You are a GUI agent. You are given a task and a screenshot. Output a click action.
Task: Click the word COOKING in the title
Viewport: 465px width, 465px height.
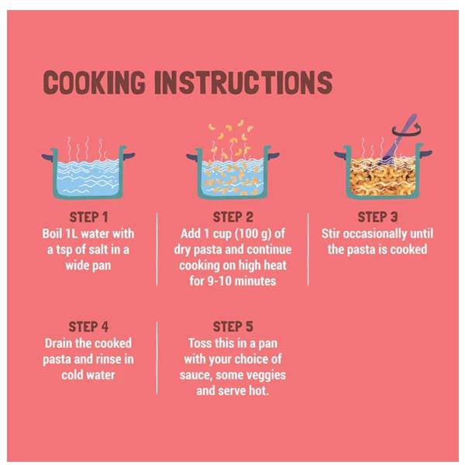[x=95, y=83]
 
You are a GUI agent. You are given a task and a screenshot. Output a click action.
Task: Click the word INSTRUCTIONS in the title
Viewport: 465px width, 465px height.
[x=243, y=83]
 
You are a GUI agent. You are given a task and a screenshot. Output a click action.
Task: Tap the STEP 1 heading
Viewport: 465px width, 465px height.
[x=88, y=217]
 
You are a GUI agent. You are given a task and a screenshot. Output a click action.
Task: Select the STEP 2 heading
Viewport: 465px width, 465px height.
[x=233, y=217]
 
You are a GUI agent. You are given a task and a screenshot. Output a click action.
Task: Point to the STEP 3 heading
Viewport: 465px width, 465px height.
[x=377, y=217]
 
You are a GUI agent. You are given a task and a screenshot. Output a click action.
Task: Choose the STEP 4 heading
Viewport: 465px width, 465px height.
[x=88, y=327]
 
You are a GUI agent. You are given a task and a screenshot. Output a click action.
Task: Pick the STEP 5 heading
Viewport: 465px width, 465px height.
[x=233, y=327]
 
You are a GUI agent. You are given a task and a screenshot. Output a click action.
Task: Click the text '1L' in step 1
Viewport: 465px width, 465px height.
[x=71, y=234]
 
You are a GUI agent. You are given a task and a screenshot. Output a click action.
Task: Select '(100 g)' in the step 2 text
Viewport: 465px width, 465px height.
[x=253, y=234]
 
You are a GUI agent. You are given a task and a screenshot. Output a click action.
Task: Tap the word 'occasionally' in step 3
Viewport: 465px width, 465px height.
[x=375, y=234]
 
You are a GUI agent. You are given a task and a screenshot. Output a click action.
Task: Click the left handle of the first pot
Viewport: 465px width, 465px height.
[x=47, y=156]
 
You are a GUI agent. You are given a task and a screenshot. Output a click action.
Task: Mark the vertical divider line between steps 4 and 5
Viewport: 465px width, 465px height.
[x=157, y=358]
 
